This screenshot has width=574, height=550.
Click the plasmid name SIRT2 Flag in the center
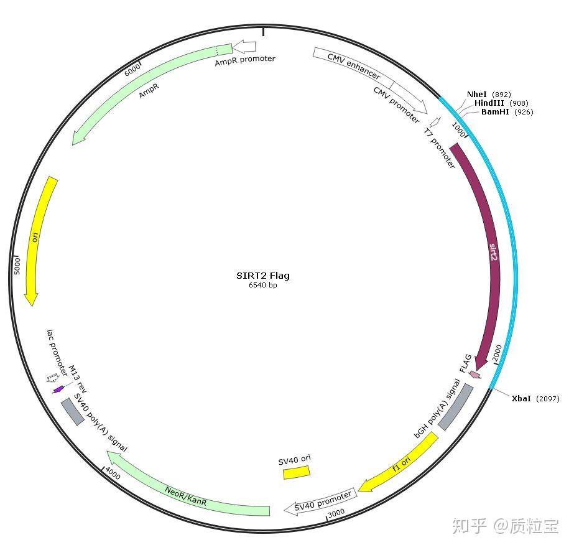(x=262, y=276)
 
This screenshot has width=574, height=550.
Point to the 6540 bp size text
(x=262, y=286)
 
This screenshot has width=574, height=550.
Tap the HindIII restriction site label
(x=489, y=103)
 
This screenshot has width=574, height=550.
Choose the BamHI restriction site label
(x=496, y=112)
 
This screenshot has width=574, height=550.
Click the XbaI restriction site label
(x=521, y=399)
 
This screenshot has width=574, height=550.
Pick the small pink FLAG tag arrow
(x=474, y=375)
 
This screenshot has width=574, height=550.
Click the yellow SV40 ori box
(x=297, y=472)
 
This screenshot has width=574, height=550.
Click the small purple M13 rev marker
(x=58, y=389)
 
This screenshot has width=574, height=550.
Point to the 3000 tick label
(x=336, y=513)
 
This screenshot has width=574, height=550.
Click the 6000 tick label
(x=132, y=69)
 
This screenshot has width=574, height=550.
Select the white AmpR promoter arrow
(x=244, y=47)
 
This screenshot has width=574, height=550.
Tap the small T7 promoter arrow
(x=435, y=122)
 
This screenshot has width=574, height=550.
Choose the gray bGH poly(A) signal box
(x=455, y=407)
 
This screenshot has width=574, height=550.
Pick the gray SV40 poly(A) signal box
(x=72, y=411)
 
